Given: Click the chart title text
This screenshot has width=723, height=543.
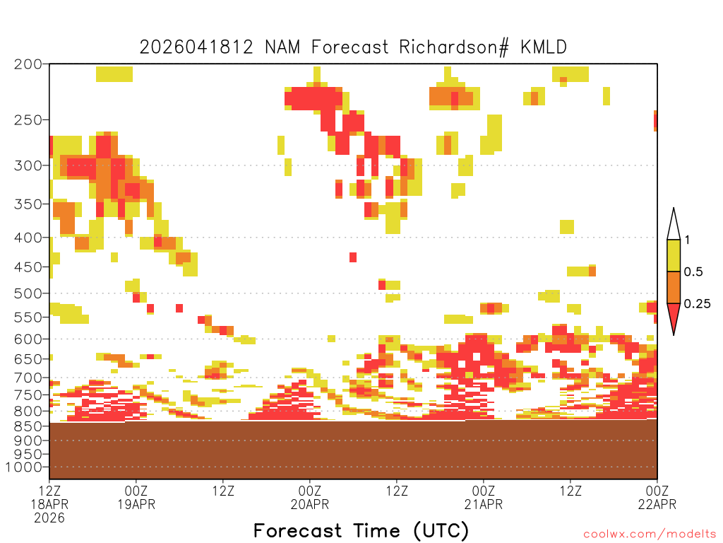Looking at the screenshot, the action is [x=353, y=47].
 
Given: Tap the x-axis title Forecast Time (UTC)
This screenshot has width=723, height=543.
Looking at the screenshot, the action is [x=361, y=530].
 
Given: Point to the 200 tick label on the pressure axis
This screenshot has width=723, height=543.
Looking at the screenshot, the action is [x=28, y=64].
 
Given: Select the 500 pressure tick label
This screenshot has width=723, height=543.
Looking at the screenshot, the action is [x=28, y=293].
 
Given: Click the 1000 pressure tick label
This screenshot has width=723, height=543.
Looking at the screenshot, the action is [x=24, y=467].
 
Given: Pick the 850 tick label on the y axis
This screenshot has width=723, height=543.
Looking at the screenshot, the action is [x=28, y=426].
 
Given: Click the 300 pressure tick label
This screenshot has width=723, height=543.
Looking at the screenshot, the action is [x=28, y=165].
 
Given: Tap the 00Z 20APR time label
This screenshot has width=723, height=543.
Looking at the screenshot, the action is [x=310, y=497].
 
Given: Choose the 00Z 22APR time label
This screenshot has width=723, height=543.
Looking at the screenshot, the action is [x=657, y=497].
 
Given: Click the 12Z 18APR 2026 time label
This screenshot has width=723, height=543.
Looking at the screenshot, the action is [x=49, y=504].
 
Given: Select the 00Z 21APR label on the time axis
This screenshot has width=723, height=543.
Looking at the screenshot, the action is [x=484, y=497].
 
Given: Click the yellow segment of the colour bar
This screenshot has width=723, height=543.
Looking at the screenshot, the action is [x=674, y=255].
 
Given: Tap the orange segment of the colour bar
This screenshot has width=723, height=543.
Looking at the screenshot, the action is [x=674, y=287].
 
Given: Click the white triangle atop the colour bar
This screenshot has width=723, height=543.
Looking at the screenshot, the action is [x=674, y=227].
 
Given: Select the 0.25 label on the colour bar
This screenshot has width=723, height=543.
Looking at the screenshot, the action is [x=697, y=303].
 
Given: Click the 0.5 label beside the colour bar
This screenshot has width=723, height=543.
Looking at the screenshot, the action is [x=693, y=271].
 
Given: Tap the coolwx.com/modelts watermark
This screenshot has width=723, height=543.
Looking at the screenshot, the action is [x=650, y=535].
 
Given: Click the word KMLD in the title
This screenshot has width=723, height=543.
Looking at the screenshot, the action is [x=544, y=47].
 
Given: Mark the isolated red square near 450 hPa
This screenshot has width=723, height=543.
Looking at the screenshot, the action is [x=353, y=257].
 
